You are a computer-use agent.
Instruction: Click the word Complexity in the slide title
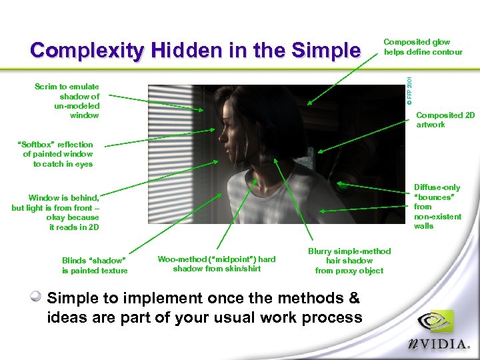pyautogui.click(x=87, y=51)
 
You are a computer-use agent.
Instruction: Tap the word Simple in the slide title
pyautogui.click(x=322, y=51)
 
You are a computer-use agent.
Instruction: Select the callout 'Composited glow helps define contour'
pyautogui.click(x=423, y=47)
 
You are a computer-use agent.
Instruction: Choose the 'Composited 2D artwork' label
pyautogui.click(x=445, y=119)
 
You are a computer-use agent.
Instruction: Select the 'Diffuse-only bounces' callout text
pyautogui.click(x=437, y=207)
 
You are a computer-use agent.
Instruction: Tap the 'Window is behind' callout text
pyautogui.click(x=57, y=212)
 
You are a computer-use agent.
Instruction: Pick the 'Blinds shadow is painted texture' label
pyautogui.click(x=94, y=265)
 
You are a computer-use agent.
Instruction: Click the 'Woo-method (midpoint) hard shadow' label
pyautogui.click(x=216, y=264)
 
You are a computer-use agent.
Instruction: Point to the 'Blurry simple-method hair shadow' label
pyautogui.click(x=349, y=261)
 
